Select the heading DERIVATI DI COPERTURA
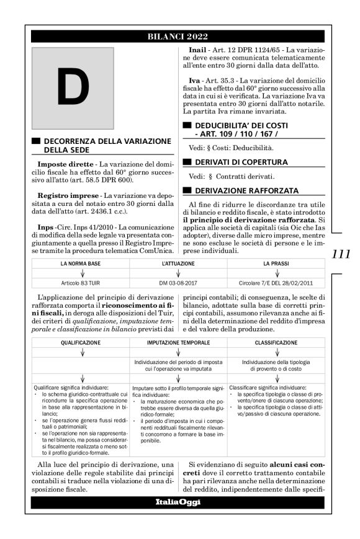tap(237, 162)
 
